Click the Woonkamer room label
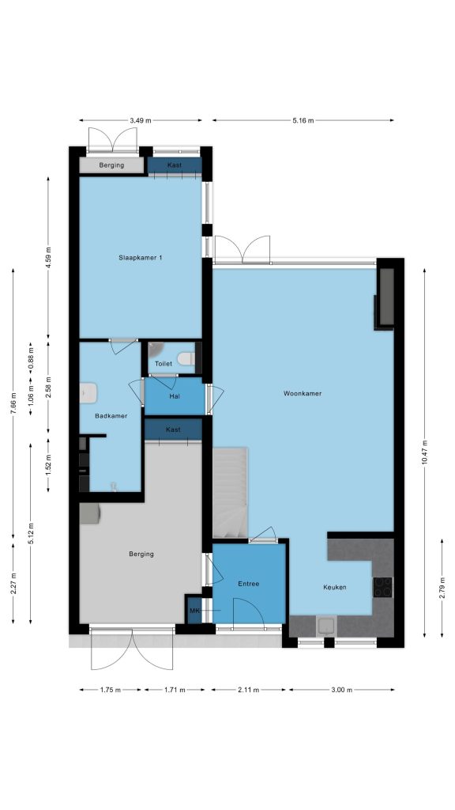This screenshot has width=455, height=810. click(x=303, y=394)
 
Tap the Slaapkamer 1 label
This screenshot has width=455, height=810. click(x=141, y=257)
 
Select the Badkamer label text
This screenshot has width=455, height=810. click(x=111, y=416)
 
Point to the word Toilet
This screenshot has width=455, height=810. click(x=164, y=364)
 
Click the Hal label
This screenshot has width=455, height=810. click(x=175, y=397)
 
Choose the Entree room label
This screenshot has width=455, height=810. click(x=249, y=584)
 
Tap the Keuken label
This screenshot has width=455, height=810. click(x=335, y=588)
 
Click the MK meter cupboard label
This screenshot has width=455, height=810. click(x=194, y=611)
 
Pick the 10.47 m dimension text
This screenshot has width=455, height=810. click(x=424, y=452)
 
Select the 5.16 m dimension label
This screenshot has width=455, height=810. click(x=303, y=120)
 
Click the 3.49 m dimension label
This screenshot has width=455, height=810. click(x=141, y=120)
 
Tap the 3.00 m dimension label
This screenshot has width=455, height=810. click(x=341, y=690)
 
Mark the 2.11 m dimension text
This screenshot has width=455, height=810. click(x=249, y=690)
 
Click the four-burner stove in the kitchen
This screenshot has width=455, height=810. click(x=383, y=587)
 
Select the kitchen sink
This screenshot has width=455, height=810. click(x=326, y=626)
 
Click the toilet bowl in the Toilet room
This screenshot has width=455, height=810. click(x=185, y=358)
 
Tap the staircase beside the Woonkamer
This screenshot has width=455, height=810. click(x=230, y=493)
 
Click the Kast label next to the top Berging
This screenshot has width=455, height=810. click(x=175, y=165)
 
